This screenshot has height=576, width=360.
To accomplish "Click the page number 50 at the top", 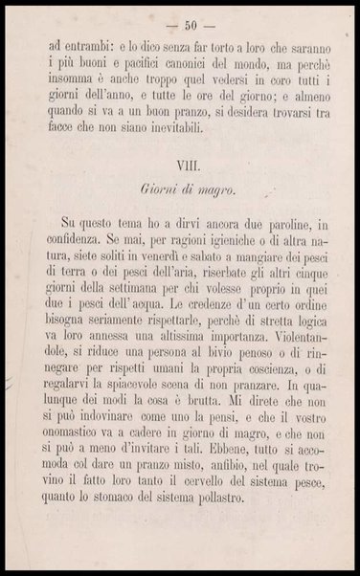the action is point(179,25).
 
